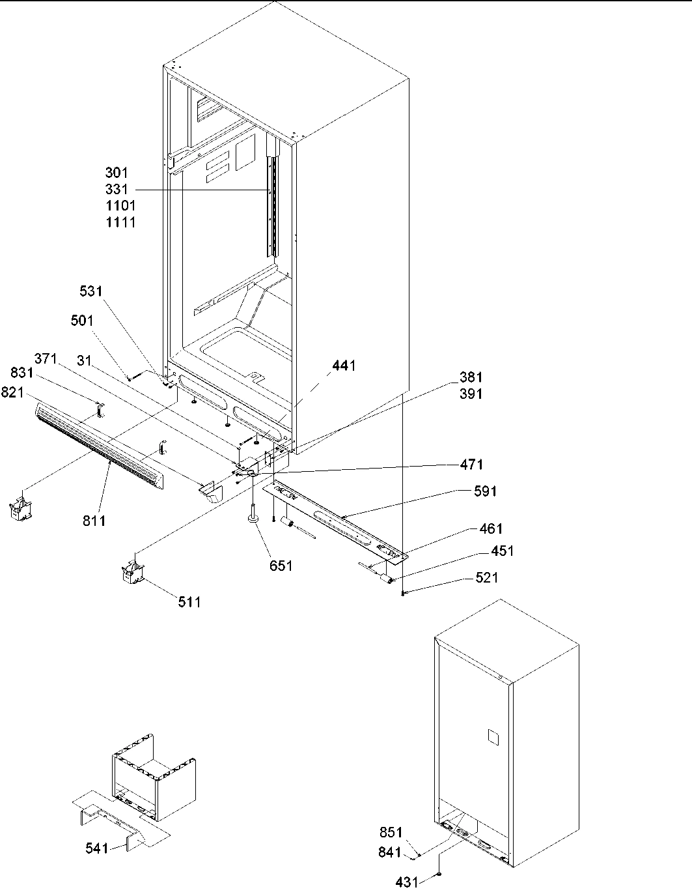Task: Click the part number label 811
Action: coord(94,521)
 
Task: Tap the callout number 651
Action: coord(281,566)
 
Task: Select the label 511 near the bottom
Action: coord(189,602)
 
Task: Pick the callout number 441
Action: coord(344,366)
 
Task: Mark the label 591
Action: coord(485,491)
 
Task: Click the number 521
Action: coord(488,577)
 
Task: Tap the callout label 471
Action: coord(471,465)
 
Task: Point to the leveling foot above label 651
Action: coord(253,519)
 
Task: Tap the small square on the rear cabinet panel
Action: coord(492,736)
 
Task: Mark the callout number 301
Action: coord(117,173)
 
